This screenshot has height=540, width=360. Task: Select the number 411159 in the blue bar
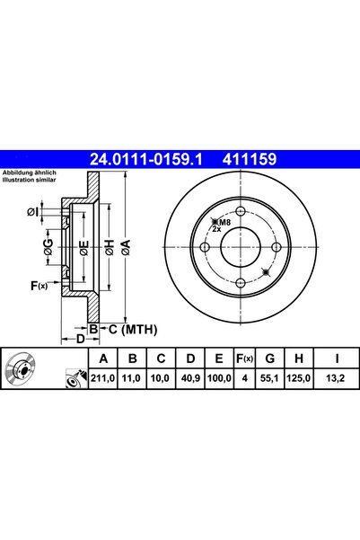tap(249, 160)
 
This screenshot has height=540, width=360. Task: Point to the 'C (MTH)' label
tap(122, 331)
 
